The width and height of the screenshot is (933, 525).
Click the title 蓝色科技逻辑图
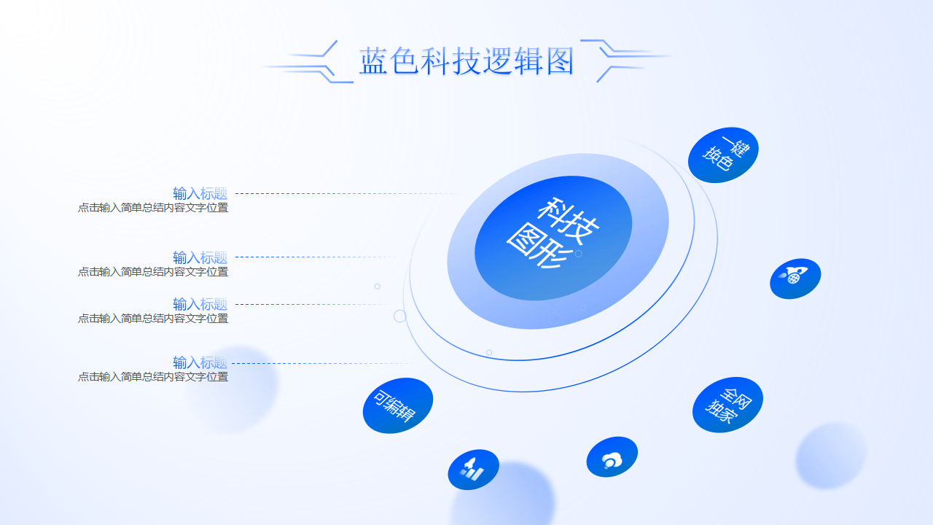click(466, 61)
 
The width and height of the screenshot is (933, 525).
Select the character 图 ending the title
click(558, 61)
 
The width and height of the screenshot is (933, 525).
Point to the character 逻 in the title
click(497, 61)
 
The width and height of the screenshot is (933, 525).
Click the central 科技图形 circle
click(553, 238)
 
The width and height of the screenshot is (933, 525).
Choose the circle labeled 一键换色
click(723, 155)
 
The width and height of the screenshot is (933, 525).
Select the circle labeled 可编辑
click(397, 405)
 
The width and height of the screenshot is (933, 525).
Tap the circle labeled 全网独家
click(727, 405)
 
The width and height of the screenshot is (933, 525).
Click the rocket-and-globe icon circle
click(795, 279)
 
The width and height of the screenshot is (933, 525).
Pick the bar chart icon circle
click(473, 470)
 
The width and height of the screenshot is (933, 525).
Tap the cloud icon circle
click(612, 457)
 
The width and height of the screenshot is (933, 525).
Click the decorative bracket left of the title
click(310, 63)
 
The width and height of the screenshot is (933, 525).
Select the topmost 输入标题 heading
click(200, 193)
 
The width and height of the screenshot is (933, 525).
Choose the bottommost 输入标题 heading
click(200, 362)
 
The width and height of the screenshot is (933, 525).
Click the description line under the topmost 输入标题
click(153, 208)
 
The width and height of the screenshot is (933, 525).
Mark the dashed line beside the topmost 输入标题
click(343, 193)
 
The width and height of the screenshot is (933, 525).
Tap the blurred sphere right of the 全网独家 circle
click(831, 456)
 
